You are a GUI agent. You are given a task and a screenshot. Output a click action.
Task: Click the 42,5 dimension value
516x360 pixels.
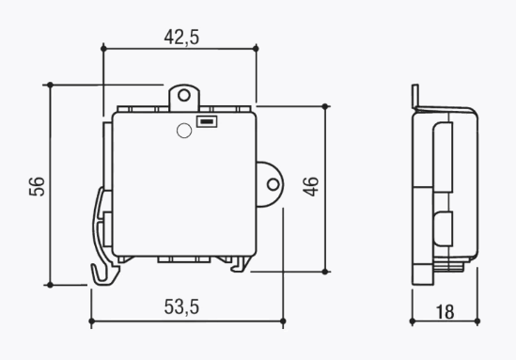pyautogui.click(x=181, y=37)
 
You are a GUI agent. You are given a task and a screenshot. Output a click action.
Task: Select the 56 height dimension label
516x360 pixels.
pyautogui.click(x=37, y=187)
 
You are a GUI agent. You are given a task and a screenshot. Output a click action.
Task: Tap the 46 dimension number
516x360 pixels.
pyautogui.click(x=311, y=187)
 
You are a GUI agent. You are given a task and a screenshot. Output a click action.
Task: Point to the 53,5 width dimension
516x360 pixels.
pyautogui.click(x=181, y=307)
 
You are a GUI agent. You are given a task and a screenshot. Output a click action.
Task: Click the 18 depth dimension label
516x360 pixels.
pyautogui.click(x=445, y=312)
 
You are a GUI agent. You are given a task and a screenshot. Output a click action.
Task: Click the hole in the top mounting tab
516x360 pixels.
pyautogui.click(x=184, y=96)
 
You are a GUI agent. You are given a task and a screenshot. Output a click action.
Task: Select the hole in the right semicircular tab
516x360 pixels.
pyautogui.click(x=273, y=184)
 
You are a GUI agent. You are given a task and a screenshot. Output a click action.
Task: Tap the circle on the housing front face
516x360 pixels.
pyautogui.click(x=184, y=131)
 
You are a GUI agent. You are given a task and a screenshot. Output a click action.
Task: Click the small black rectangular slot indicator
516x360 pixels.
pyautogui.click(x=207, y=122)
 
